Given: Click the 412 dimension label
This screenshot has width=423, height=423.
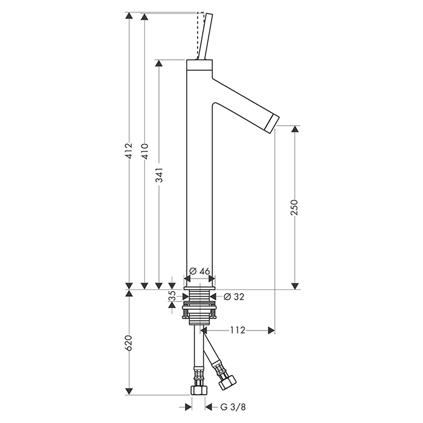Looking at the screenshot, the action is tap(129, 151).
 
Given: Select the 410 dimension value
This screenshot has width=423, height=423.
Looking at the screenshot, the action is tap(145, 151).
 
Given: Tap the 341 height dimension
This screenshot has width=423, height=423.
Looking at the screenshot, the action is tap(160, 175).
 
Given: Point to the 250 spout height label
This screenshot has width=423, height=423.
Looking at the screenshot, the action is tap(294, 207).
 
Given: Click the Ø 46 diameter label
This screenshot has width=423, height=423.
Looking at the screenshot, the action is tap(199, 271).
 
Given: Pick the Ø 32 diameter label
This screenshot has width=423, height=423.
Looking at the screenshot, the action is tap(234, 297).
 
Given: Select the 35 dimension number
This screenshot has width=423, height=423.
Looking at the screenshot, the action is tap(172, 296).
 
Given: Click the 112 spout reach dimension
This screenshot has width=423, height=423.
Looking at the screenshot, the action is tap(237, 330).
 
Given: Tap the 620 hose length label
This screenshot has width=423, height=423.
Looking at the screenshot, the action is tap(129, 343).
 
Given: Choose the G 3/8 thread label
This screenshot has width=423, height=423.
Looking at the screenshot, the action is tap(233, 407).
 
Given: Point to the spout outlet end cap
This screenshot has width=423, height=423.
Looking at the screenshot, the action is tap(272, 123).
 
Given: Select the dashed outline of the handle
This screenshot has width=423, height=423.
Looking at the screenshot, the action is tap(200, 35).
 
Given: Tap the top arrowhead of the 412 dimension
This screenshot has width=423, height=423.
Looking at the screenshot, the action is tap(129, 16).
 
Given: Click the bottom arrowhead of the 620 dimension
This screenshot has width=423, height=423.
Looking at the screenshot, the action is tap(129, 392).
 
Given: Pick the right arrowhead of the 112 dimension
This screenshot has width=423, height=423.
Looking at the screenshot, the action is tap(271, 330).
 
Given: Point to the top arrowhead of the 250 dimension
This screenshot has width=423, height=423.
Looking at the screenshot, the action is tap(295, 129).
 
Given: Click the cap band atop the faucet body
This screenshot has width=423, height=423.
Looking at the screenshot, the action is tap(199, 65).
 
